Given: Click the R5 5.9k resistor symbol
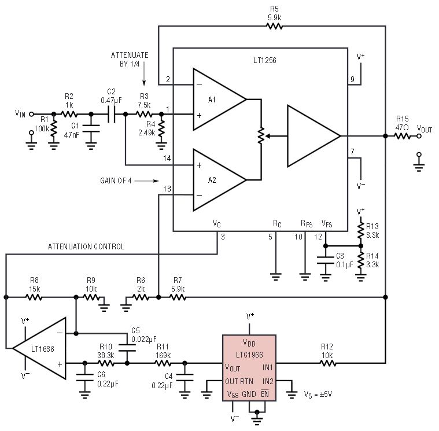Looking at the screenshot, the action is coord(274,27).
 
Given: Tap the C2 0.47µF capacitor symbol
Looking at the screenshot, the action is coord(112,115).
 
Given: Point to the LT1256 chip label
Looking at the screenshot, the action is coord(264,60).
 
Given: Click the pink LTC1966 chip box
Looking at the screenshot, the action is coord(249,368).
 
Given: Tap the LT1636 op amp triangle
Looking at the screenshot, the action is coord(39,348).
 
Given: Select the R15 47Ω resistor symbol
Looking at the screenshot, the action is coord(403,136).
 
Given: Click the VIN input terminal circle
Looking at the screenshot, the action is coord(31,114).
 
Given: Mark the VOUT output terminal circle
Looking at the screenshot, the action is coord(419,136).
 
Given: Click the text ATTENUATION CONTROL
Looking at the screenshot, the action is coord(86,246).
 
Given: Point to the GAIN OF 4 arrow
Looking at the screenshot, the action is coord(146,181).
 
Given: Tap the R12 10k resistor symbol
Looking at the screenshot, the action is coord(327,363).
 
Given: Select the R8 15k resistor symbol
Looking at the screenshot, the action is coord(34,297).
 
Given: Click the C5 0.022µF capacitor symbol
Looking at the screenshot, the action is coord(127,348).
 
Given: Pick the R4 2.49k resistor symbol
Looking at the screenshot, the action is coord(161,130).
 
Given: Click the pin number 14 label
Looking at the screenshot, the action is coord(167,159).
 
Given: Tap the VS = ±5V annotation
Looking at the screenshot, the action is coord(318,395).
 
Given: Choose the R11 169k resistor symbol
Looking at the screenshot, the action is coord(163,363).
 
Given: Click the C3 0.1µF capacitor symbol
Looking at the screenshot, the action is coord(325,260).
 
